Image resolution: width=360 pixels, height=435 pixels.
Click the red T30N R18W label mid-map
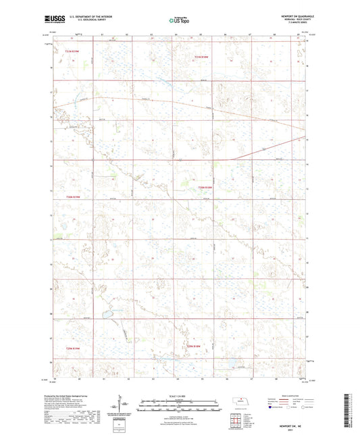205,188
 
